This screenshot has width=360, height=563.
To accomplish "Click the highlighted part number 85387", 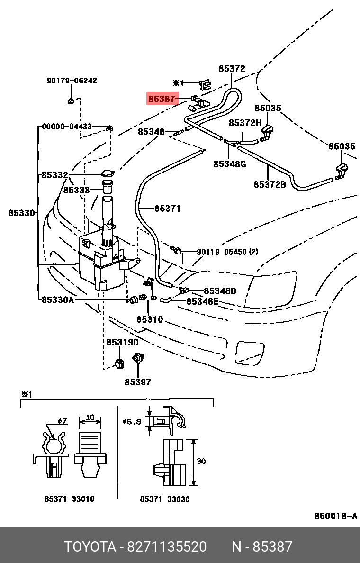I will tap(162, 99).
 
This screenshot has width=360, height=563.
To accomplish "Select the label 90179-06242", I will tap(72, 81).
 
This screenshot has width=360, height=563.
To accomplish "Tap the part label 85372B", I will tap(270, 184).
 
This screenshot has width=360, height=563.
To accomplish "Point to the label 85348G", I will tap(229, 164).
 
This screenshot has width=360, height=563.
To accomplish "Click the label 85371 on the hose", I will tap(167, 209).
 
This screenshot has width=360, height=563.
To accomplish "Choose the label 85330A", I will tap(57, 300).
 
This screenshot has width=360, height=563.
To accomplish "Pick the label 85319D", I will tap(122, 342).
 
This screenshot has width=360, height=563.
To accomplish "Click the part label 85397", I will tap(138, 382).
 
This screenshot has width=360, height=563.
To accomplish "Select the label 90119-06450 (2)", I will tap(227, 252).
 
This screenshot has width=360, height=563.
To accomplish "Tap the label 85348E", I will tap(202, 301).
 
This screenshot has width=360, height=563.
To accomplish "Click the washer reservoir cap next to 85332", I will tap(108, 174).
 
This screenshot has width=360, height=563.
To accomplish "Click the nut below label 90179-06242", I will tap(70, 100).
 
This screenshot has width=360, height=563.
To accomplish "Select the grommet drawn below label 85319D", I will tap(119, 363).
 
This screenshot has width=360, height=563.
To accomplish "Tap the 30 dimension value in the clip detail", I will tap(201, 461).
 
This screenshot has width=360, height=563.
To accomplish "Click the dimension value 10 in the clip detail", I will tap(90, 418).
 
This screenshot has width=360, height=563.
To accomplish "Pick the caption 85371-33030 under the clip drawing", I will tap(165, 499).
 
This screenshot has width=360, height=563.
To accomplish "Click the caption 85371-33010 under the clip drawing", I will tap(69, 499).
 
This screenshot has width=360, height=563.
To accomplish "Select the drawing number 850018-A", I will tap(335, 516).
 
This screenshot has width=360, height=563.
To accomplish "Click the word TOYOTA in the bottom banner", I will tap(90, 547).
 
